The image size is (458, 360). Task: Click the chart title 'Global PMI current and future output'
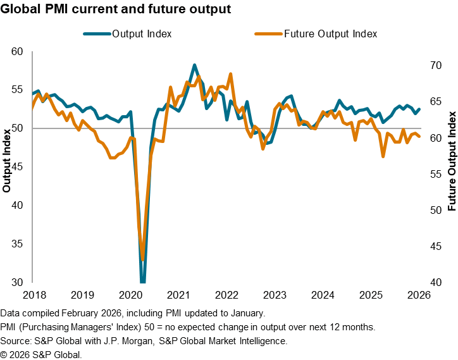(x=116, y=9)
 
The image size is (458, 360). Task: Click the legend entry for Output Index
(x=142, y=34)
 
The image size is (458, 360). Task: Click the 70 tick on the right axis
(x=436, y=66)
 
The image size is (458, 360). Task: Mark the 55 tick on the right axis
(x=436, y=174)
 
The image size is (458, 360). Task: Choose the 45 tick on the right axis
(x=436, y=246)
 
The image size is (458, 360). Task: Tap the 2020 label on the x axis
(x=130, y=295)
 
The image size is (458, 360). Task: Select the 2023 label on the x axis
(x=275, y=295)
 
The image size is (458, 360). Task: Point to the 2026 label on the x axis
(x=419, y=295)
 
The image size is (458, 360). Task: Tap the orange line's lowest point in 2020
(x=143, y=259)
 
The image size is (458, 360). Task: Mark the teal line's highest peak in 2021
(x=194, y=65)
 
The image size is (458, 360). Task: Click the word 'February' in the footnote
(x=87, y=313)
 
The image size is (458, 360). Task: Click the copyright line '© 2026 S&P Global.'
(x=41, y=354)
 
